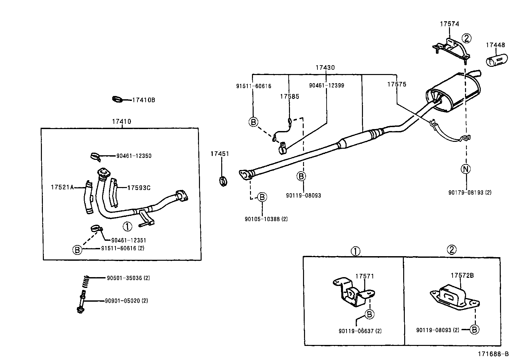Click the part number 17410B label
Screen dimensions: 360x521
[143, 100]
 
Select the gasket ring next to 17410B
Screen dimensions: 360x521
[117, 99]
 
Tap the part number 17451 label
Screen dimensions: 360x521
[220, 154]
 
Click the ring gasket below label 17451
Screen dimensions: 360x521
[223, 180]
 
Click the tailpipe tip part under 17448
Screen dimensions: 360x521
[496, 61]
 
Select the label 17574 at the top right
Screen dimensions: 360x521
[449, 24]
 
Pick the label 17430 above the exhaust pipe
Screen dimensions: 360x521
[325, 68]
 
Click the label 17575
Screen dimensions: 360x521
[396, 84]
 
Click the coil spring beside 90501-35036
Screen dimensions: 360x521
[85, 281]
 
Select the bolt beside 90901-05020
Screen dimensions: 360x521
[81, 303]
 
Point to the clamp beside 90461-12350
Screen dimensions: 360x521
[95, 156]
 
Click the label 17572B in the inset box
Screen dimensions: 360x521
[462, 275]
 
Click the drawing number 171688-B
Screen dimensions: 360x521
[493, 354]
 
